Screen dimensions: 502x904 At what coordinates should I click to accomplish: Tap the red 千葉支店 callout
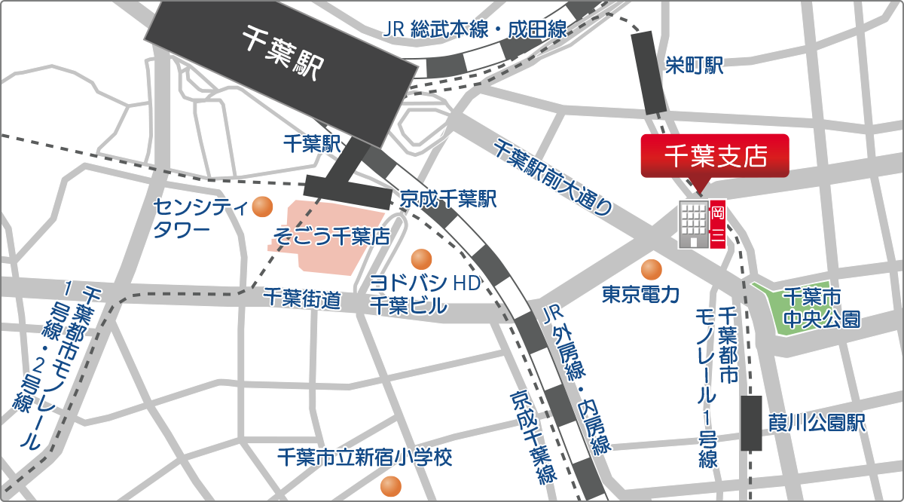tap(714, 156)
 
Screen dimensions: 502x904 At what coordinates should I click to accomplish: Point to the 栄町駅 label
tap(694, 66)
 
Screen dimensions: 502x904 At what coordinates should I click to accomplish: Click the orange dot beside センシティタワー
tap(262, 206)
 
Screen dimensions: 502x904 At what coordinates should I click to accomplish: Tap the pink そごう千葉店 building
tap(324, 234)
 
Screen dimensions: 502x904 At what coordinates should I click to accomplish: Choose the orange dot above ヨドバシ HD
tap(420, 259)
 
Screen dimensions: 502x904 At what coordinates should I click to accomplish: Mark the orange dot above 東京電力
tap(651, 269)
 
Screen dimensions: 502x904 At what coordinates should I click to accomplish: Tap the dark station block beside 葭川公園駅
tap(751, 423)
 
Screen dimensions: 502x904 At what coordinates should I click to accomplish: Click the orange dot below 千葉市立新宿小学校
tap(389, 486)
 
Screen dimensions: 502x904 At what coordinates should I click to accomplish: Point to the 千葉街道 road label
tap(301, 299)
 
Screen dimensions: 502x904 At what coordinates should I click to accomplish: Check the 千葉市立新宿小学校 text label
tap(365, 457)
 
